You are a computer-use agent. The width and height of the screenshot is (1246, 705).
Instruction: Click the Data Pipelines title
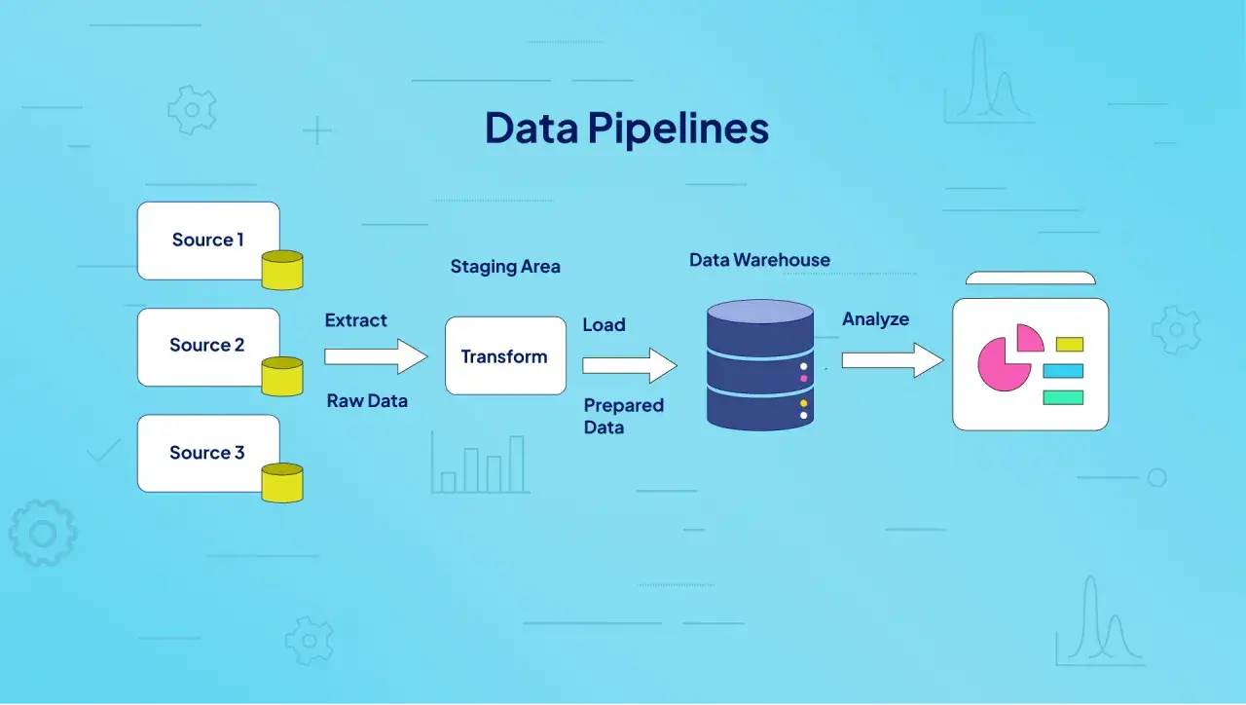[627, 128]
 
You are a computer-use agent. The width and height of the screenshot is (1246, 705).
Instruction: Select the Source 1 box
[208, 241]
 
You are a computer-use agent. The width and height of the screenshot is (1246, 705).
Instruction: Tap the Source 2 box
[208, 348]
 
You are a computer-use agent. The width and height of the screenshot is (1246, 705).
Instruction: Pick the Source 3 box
[208, 453]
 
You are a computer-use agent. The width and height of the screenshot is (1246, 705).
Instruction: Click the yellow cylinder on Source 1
[282, 271]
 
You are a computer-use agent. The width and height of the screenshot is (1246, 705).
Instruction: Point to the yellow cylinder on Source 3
[282, 483]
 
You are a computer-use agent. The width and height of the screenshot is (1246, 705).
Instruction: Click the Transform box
[505, 356]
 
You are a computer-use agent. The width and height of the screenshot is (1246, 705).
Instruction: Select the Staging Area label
[505, 267]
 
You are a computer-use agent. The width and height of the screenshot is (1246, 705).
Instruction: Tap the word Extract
[356, 320]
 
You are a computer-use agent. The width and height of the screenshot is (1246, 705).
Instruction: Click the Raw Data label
[367, 400]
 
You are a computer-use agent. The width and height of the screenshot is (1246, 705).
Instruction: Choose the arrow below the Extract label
[376, 356]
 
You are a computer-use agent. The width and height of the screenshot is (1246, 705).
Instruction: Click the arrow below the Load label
[630, 365]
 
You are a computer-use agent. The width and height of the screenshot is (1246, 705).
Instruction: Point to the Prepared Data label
[624, 416]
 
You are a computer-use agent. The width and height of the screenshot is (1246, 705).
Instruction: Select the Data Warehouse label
[760, 260]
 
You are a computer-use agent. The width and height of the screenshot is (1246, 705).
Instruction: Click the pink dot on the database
[804, 379]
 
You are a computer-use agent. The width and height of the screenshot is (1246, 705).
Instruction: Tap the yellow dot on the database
[804, 403]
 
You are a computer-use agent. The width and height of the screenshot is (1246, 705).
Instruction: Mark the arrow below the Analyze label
[893, 360]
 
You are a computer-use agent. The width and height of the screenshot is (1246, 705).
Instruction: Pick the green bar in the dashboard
[1063, 398]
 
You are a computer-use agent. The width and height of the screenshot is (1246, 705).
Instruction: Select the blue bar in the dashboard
[1063, 371]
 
